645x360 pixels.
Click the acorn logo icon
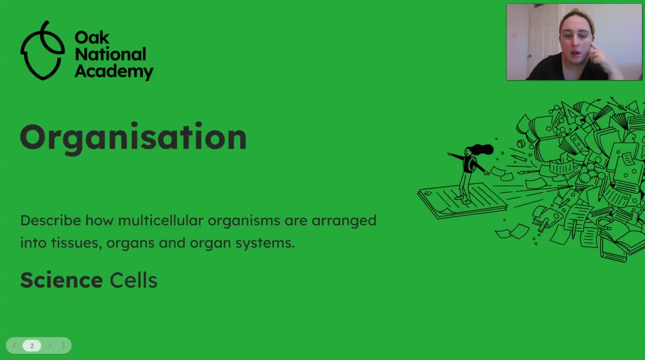tap(42, 51)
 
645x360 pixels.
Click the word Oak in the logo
tap(92, 38)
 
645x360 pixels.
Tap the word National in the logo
tap(110, 54)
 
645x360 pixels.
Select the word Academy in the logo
tap(114, 71)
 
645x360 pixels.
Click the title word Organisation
tap(133, 138)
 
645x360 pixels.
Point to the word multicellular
tap(160, 220)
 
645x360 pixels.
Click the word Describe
tap(50, 220)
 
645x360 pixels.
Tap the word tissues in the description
tap(76, 243)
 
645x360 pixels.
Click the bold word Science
tap(61, 280)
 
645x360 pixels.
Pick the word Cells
tap(133, 280)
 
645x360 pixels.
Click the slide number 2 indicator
tap(32, 346)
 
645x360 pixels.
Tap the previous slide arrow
tap(14, 346)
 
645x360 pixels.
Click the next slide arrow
tap(50, 346)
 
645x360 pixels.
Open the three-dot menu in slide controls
tap(63, 346)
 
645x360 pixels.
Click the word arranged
tap(344, 220)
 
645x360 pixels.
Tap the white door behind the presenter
tap(542, 38)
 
